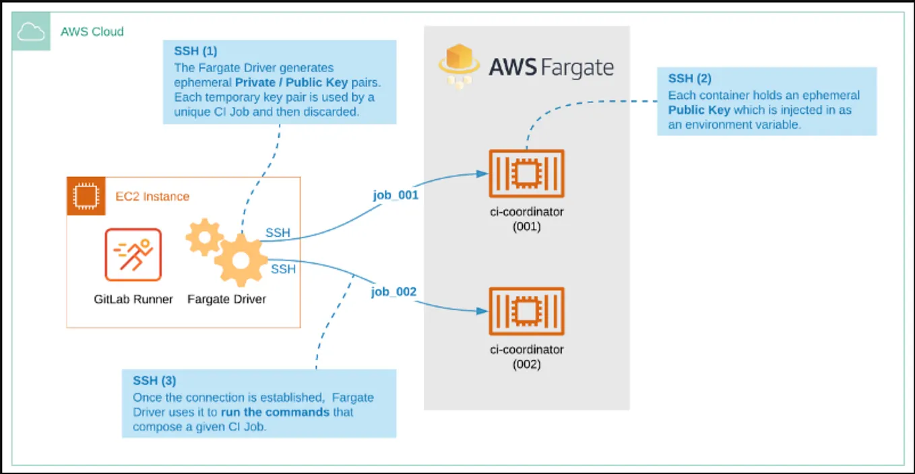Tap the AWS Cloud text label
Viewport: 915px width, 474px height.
click(92, 32)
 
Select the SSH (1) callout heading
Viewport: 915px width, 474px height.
click(196, 51)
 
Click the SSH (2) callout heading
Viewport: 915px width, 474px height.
click(690, 79)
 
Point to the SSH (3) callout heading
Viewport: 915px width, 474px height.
click(154, 381)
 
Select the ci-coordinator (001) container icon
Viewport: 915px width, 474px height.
click(526, 174)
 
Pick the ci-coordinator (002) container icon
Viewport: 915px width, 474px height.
click(526, 311)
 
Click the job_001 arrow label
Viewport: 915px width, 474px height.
click(396, 195)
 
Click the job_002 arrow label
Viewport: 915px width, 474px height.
click(394, 292)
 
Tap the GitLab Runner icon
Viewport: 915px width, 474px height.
click(133, 255)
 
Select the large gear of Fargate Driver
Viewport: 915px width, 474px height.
click(241, 259)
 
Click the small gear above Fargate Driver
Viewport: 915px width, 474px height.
click(203, 236)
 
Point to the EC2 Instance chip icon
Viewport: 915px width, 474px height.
click(84, 197)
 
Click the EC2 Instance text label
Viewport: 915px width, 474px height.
click(153, 197)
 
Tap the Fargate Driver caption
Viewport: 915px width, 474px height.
click(226, 299)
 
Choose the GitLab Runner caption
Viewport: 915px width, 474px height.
click(133, 299)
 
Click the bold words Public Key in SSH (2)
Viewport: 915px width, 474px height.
click(699, 110)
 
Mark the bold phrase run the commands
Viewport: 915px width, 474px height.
click(275, 412)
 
